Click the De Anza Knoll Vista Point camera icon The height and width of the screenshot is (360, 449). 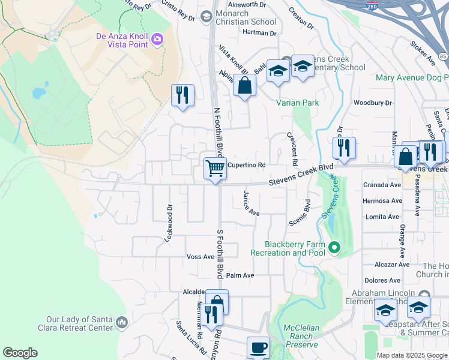[158, 39]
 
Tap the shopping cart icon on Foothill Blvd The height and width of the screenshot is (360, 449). [215, 167]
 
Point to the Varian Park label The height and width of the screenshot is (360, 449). [297, 103]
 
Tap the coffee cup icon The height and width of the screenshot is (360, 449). [258, 347]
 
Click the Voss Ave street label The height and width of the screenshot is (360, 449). [200, 256]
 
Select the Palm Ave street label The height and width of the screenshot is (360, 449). [240, 275]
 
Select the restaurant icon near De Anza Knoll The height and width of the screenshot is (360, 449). [182, 95]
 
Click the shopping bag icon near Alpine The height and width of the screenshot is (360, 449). [245, 85]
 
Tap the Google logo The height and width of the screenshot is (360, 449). [20, 353]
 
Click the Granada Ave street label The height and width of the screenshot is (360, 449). [382, 185]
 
